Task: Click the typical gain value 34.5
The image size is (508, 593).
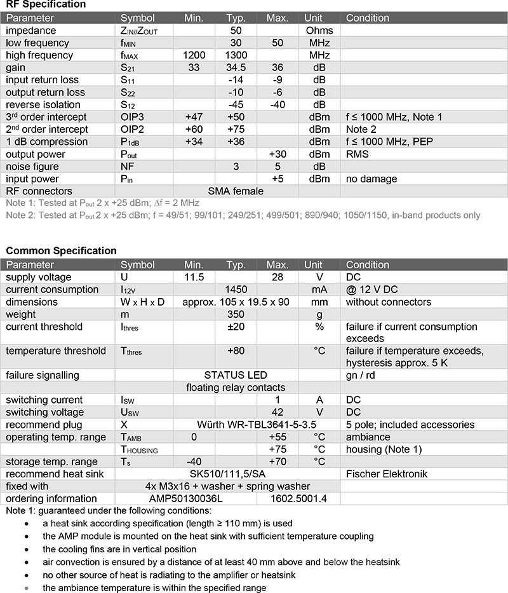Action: coord(236,67)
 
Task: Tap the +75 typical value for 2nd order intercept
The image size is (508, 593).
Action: coord(236,129)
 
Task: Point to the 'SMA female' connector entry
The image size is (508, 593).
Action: coord(236,191)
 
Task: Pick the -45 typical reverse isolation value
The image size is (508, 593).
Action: coord(236,104)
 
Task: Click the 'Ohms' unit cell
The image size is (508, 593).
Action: coord(319,31)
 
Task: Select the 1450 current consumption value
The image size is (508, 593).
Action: coord(236,289)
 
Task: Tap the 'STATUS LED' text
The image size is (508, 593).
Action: coord(236,375)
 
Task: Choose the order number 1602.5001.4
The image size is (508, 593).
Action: coord(297,498)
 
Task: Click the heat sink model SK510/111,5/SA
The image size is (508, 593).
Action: coord(236,474)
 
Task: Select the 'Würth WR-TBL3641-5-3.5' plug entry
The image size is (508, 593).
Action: coord(236,425)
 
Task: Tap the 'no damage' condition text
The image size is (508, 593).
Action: coord(371,179)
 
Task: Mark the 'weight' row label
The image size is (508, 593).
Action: coord(21,314)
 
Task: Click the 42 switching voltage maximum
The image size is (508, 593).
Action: coord(277,412)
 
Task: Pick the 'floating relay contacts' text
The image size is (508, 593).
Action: coord(236,387)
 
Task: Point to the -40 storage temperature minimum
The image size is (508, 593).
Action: coord(194,461)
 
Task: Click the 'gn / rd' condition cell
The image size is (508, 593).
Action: coord(361,375)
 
